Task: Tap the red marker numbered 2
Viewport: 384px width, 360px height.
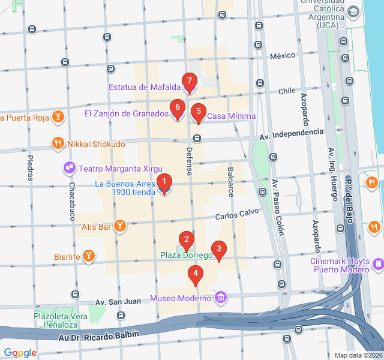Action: pos(187,241)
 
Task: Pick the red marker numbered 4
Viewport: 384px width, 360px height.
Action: pos(194,275)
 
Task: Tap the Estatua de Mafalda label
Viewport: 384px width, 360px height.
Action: pos(144,87)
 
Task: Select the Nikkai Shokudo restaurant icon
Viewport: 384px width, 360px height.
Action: pos(58,143)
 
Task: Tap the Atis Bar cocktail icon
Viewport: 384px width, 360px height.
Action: pos(121,226)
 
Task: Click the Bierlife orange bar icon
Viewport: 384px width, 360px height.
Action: pos(89,256)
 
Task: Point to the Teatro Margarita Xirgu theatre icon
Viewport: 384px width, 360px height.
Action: pos(69,166)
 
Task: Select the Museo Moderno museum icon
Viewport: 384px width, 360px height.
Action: pos(221,298)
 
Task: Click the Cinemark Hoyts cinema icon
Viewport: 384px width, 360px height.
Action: pos(378,264)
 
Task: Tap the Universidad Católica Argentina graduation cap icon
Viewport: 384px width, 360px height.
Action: pos(353,11)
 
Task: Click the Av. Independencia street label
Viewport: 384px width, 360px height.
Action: pos(291,133)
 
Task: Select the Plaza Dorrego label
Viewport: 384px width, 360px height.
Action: pos(186,256)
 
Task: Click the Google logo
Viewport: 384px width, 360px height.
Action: pos(20,353)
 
